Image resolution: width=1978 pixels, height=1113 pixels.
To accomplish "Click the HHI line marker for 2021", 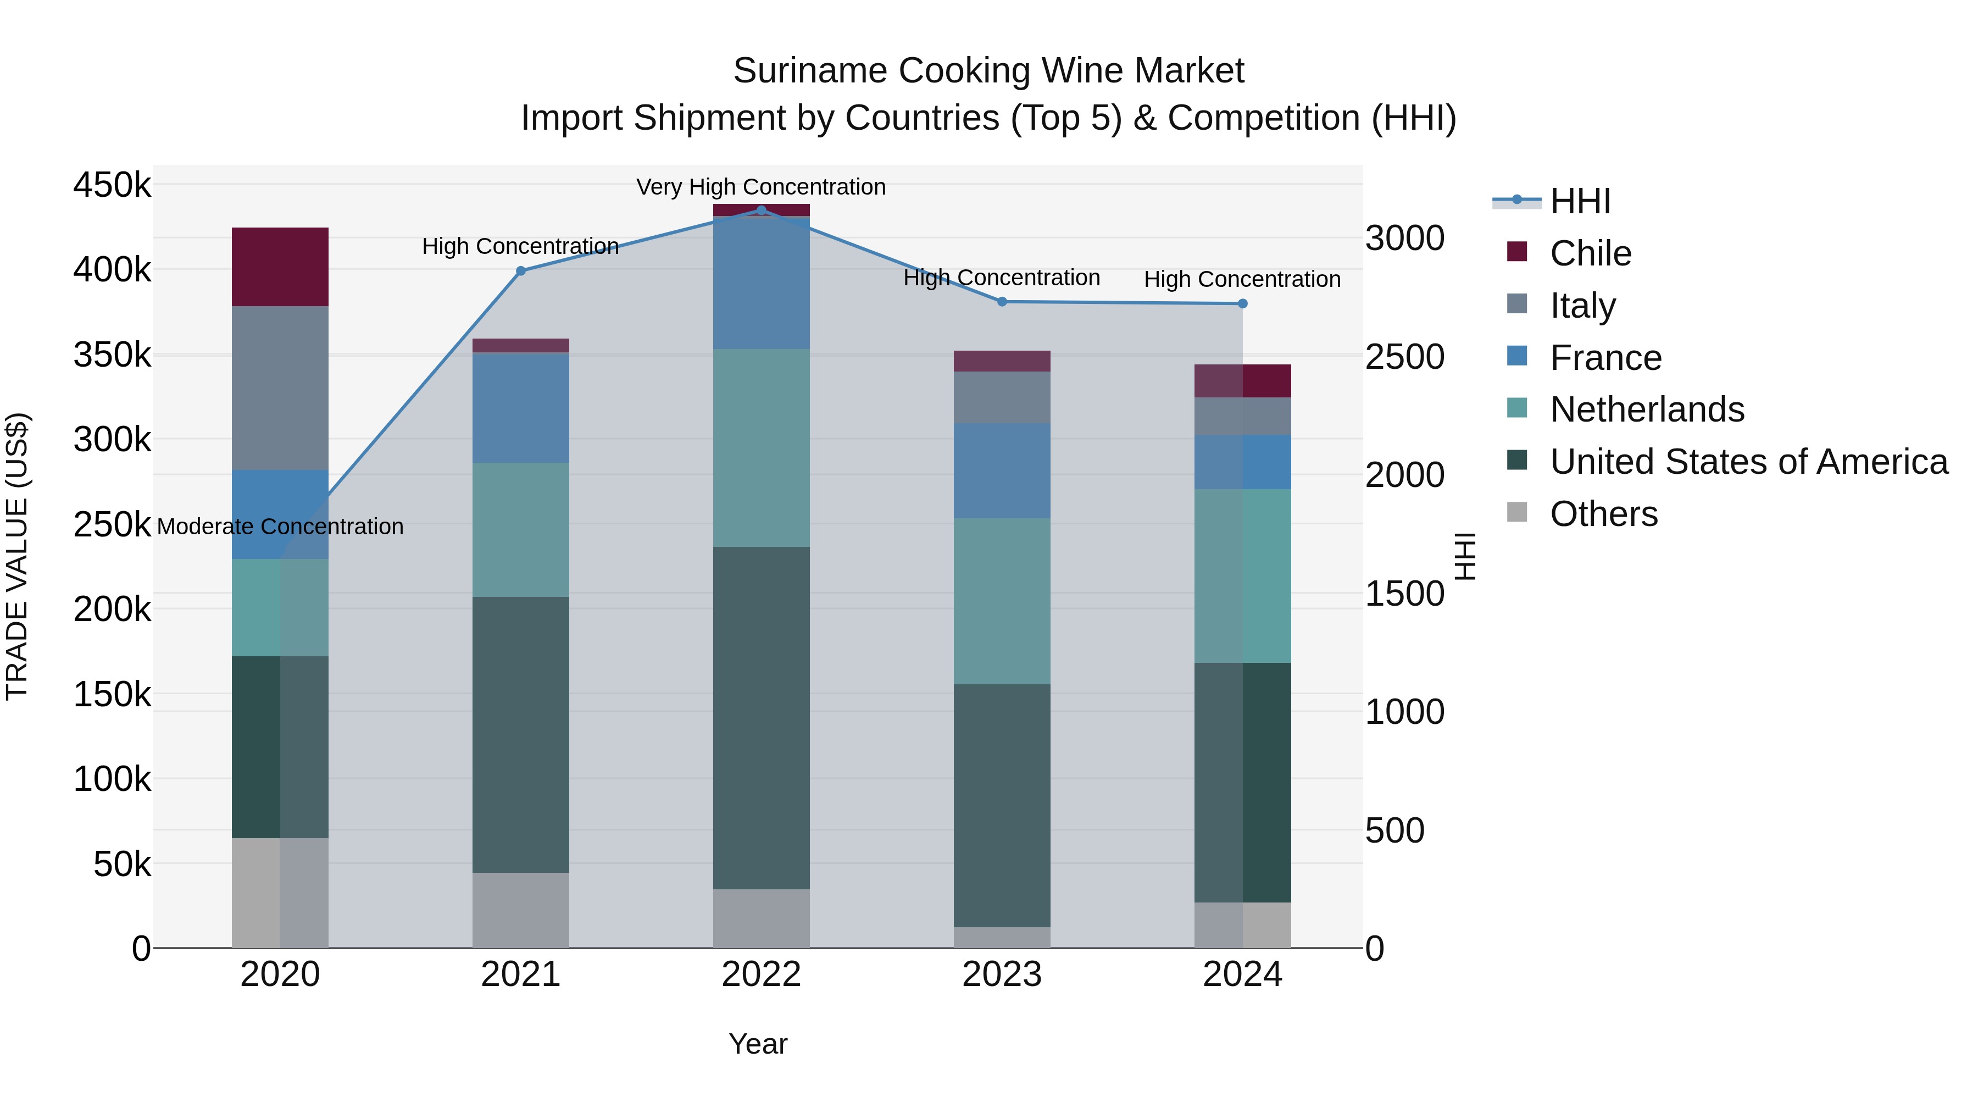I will click(x=521, y=270).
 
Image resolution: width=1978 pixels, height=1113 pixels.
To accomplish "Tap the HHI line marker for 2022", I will click(x=761, y=210).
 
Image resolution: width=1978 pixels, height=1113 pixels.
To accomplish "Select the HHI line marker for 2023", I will click(x=1002, y=302).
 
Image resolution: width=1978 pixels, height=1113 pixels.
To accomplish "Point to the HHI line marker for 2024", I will click(x=1242, y=303).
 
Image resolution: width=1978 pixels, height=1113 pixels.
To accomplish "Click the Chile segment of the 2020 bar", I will click(x=280, y=267).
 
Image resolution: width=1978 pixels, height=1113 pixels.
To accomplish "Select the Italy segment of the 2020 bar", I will click(x=280, y=388).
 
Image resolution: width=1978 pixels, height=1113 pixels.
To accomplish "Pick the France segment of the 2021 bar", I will click(x=521, y=407).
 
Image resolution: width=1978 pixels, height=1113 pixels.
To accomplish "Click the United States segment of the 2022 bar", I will click(x=761, y=718).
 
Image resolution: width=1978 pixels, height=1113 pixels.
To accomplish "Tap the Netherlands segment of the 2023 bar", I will click(x=1002, y=601).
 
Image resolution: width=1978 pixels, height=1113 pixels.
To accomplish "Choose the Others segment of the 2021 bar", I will click(x=521, y=910).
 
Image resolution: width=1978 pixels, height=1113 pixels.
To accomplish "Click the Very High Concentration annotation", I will click(x=761, y=187).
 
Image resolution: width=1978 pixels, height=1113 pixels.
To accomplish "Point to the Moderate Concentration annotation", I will click(x=280, y=527).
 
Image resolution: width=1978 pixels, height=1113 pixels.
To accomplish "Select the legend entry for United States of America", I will click(x=1748, y=462).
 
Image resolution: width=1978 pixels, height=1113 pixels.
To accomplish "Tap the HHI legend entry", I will click(x=1580, y=201).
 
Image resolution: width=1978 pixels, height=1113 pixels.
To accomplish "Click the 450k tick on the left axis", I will click(x=112, y=185).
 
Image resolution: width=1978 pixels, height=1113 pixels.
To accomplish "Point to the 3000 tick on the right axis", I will click(x=1404, y=238).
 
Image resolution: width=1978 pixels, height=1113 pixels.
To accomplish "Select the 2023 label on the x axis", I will click(x=1002, y=974).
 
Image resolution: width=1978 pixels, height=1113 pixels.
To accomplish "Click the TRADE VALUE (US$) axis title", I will click(x=17, y=556).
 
